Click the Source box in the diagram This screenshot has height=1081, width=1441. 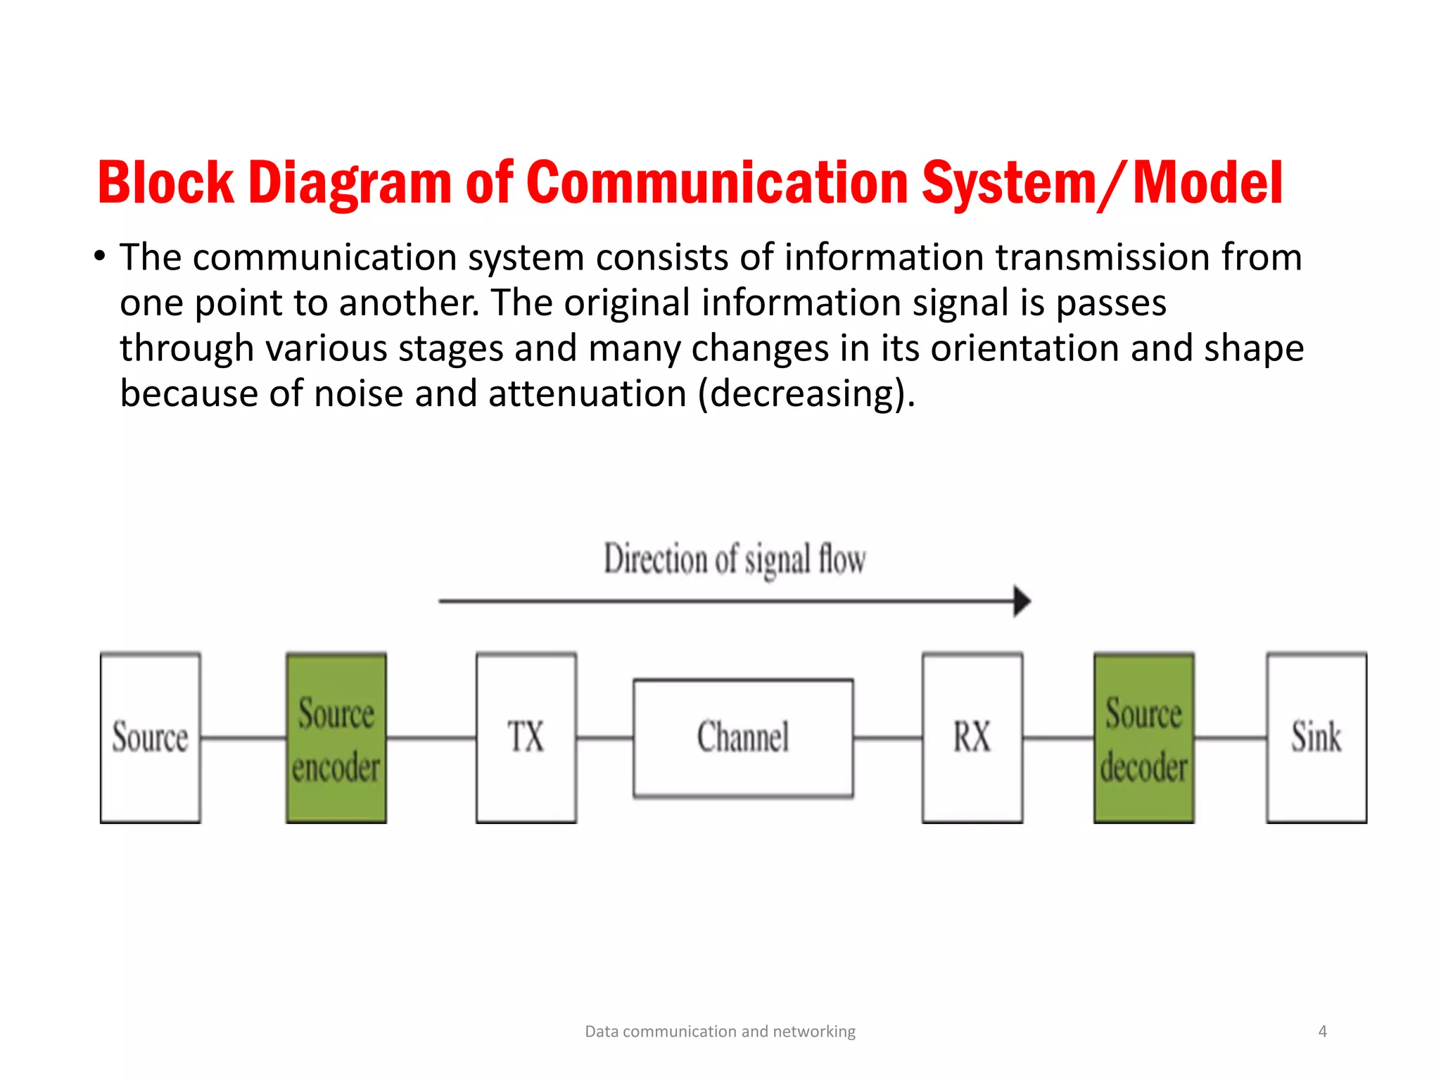(150, 738)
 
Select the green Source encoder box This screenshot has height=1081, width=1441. (336, 738)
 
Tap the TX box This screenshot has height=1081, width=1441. (526, 738)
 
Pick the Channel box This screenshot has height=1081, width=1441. (743, 738)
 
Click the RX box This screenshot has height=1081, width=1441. (972, 738)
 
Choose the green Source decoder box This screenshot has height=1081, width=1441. (1143, 738)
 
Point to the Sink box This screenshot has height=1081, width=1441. (1316, 738)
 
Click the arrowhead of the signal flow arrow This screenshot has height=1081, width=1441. (1022, 601)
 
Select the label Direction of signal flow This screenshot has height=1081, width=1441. (735, 560)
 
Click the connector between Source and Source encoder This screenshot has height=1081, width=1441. (243, 738)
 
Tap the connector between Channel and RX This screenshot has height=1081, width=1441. (888, 738)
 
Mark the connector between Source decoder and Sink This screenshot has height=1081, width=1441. (1231, 738)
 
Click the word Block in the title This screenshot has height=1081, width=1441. (166, 183)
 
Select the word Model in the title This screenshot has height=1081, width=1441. (1208, 183)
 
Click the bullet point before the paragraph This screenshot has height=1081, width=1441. (100, 256)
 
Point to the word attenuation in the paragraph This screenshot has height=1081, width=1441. (587, 393)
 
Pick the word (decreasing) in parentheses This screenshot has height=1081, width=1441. (806, 394)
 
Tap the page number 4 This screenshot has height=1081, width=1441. (1322, 1032)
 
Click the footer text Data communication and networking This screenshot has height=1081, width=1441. (720, 1032)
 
